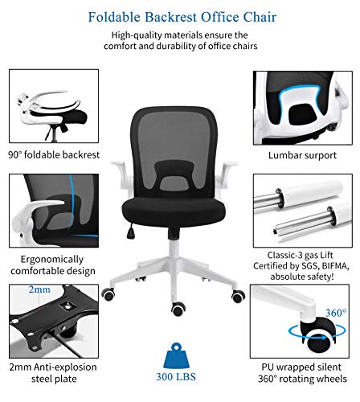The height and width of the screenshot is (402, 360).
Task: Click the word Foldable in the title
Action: (x=114, y=17)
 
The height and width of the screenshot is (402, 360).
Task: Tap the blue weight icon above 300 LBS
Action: (x=176, y=355)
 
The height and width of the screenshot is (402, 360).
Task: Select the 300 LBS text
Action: (x=176, y=377)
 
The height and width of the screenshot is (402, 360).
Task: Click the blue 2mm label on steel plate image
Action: (x=39, y=289)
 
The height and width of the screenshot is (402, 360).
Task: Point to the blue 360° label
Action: (x=336, y=313)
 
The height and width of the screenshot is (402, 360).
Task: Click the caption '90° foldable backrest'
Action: (x=54, y=154)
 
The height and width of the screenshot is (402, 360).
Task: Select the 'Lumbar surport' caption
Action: (x=302, y=155)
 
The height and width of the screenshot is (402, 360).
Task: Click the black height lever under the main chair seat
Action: (x=131, y=231)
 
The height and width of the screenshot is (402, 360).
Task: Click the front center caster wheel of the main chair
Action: (x=178, y=309)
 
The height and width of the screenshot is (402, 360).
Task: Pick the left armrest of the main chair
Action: (x=122, y=171)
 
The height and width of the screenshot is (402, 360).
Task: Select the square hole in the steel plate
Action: (x=67, y=306)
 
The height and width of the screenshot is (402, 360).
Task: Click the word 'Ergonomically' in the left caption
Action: (x=52, y=260)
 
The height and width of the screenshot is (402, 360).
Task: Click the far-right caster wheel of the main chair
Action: (x=238, y=296)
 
